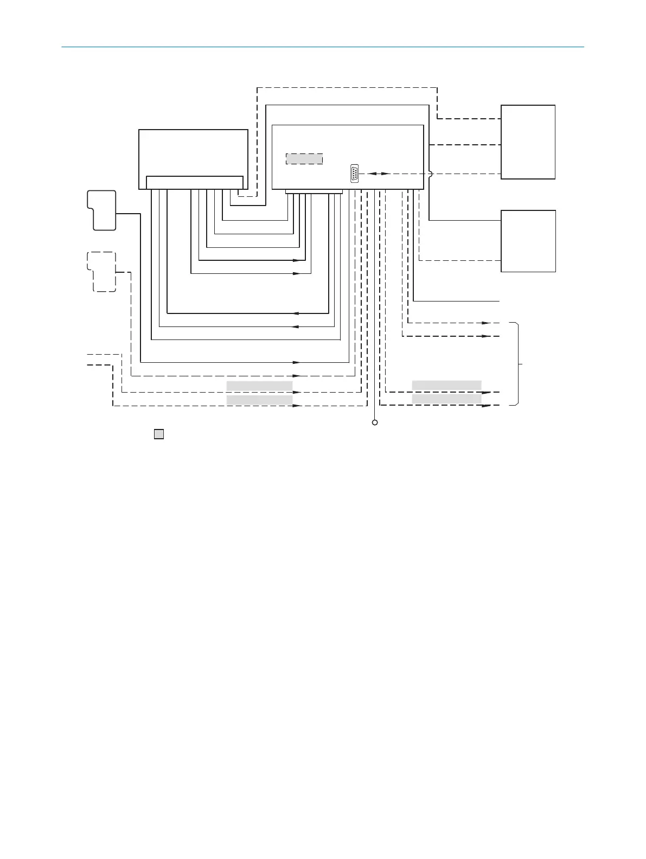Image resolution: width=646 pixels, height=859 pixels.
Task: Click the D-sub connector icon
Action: pyautogui.click(x=354, y=173)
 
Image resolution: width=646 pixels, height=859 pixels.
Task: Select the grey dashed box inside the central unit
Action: pyautogui.click(x=304, y=159)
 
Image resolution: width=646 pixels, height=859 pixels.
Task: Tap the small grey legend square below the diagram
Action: pyautogui.click(x=159, y=434)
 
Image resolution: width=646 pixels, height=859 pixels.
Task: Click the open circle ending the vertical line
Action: pyautogui.click(x=375, y=422)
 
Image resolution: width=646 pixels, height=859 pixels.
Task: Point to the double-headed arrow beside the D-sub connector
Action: pyautogui.click(x=378, y=174)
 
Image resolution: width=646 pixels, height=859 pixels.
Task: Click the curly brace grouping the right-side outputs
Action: pyautogui.click(x=519, y=364)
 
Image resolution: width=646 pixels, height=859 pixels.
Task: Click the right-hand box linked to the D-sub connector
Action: pyautogui.click(x=528, y=142)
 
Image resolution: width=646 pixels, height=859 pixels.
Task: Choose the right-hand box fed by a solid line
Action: pyautogui.click(x=528, y=241)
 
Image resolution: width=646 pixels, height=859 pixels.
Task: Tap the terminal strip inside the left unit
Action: pyautogui.click(x=195, y=182)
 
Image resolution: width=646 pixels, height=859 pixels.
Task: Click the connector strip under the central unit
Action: pyautogui.click(x=314, y=191)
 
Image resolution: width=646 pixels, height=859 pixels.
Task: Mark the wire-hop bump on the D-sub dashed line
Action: pyautogui.click(x=430, y=174)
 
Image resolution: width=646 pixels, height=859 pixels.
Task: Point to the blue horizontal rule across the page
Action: pyautogui.click(x=323, y=47)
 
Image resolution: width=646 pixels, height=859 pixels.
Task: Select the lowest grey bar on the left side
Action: pyautogui.click(x=259, y=400)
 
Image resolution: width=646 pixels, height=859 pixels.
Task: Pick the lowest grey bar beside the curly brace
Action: pyautogui.click(x=446, y=399)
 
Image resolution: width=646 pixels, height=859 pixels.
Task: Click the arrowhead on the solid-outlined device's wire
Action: pyautogui.click(x=296, y=362)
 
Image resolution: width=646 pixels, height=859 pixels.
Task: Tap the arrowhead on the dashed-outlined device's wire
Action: pyautogui.click(x=296, y=375)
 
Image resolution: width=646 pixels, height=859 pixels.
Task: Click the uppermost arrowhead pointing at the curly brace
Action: pyautogui.click(x=487, y=323)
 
